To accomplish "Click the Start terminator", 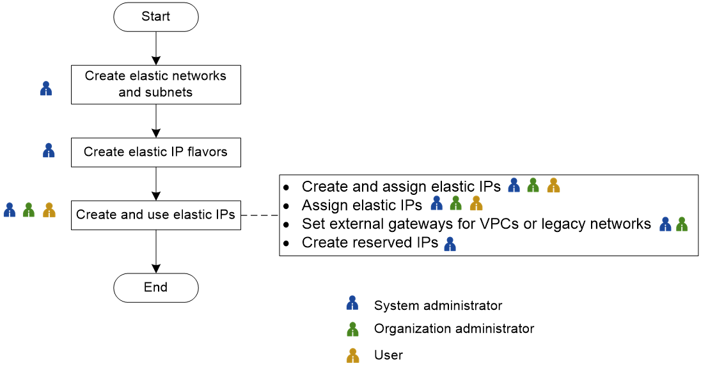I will click(x=155, y=17).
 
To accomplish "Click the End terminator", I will click(x=155, y=288).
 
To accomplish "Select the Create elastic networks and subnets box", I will click(x=155, y=84).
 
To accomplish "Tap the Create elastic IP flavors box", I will click(x=155, y=153).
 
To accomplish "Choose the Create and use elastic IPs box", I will click(x=155, y=215).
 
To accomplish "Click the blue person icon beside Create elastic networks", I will click(x=46, y=88).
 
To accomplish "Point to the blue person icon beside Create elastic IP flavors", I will click(x=49, y=151).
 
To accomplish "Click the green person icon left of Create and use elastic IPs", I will click(x=29, y=210).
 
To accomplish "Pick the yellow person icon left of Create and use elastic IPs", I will click(x=49, y=210).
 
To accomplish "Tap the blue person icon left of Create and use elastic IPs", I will click(x=10, y=210).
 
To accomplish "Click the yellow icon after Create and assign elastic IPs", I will click(x=554, y=185).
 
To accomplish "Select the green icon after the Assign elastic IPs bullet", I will click(x=455, y=204).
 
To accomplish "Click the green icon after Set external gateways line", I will click(x=682, y=224).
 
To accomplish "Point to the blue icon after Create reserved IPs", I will click(x=450, y=243).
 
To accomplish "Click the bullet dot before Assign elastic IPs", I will click(x=287, y=206).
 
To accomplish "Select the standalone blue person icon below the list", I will click(x=352, y=303).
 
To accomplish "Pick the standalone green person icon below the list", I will click(x=352, y=330).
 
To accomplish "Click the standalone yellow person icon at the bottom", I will click(x=352, y=356).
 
